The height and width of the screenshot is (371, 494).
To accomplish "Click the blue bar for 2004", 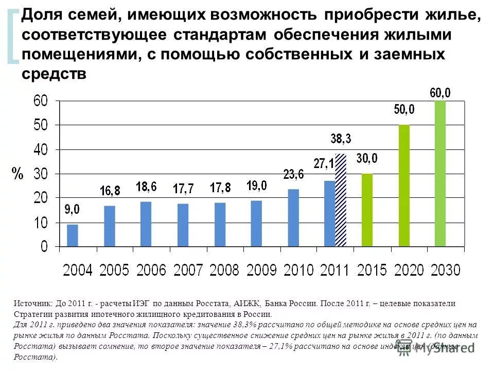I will coord(73,235).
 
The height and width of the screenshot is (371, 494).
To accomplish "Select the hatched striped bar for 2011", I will coord(341,200).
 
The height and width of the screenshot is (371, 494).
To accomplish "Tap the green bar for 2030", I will coord(440,174).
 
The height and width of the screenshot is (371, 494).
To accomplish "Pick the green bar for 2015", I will coord(367,210).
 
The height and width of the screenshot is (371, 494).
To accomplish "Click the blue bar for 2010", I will coord(293,218).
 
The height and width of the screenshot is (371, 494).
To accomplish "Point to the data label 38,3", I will coord(340,139).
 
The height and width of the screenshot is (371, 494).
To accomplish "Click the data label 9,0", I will coord(72,210).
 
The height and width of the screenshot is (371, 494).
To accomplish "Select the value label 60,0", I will coord(440,93).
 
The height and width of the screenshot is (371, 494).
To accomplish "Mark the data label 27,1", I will coord(324,164).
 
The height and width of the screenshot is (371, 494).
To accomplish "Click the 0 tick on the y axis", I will coord(44,247).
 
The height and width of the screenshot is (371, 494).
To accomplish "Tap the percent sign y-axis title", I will coord(18,174).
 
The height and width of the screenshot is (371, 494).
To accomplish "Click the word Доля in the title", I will coord(41,16).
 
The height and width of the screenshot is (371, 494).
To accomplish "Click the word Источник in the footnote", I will coord(33,304).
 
